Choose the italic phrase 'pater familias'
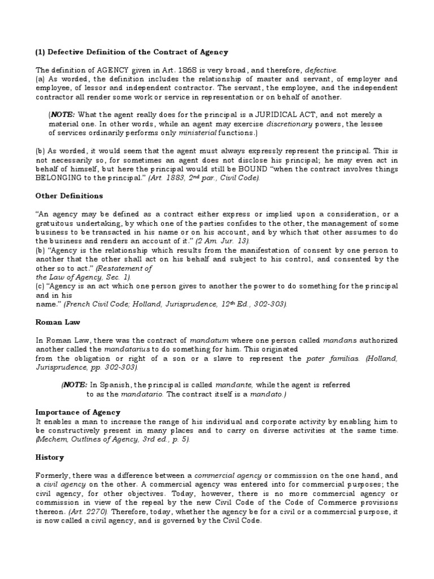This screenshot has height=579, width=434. (x=328, y=358)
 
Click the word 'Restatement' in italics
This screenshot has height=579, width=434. (x=125, y=268)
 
